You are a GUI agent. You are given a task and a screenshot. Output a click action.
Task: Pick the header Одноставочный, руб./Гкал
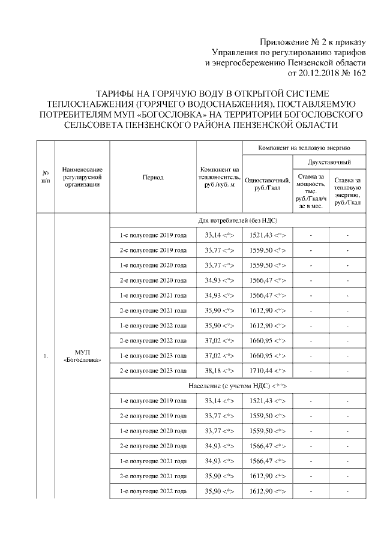(268, 184)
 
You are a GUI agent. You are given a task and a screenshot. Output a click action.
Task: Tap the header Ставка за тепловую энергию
(348, 190)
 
